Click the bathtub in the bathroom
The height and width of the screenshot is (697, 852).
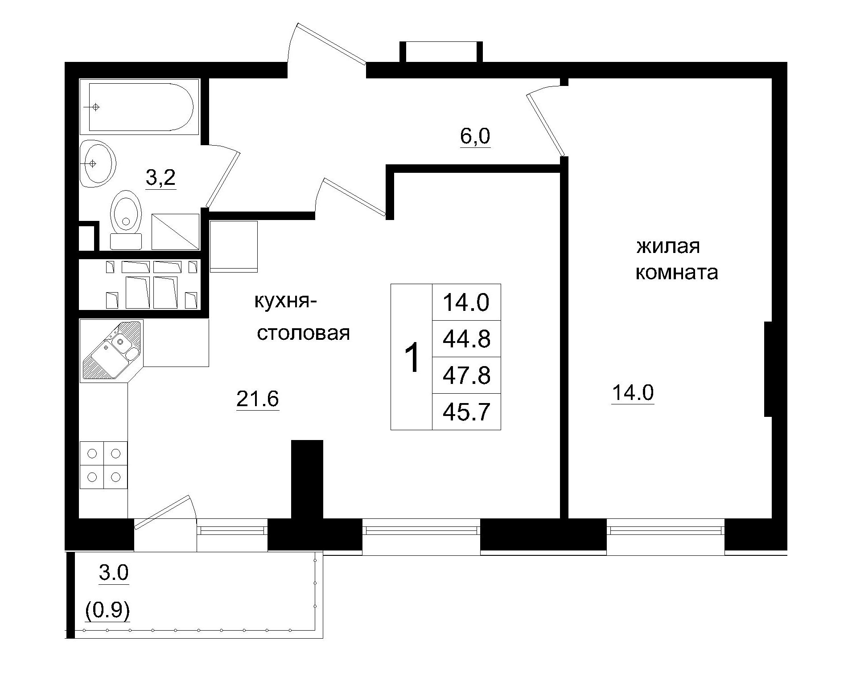(x=140, y=107)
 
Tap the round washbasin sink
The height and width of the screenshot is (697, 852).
(x=98, y=163)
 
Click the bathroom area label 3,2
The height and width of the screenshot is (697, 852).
(x=161, y=179)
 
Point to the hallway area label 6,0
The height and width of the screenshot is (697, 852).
(x=475, y=137)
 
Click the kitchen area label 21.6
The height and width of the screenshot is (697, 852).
(x=257, y=399)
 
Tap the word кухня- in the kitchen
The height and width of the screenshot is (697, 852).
(x=285, y=302)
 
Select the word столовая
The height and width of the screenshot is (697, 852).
(x=303, y=334)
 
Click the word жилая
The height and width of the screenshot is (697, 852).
(x=667, y=246)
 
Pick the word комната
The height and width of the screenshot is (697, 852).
(x=676, y=273)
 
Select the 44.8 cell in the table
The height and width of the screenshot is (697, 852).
(x=466, y=339)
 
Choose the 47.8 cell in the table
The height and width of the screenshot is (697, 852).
(x=466, y=375)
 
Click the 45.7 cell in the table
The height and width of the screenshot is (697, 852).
(x=466, y=412)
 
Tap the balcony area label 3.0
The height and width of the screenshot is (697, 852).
(x=114, y=573)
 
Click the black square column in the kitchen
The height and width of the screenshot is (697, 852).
(x=307, y=479)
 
